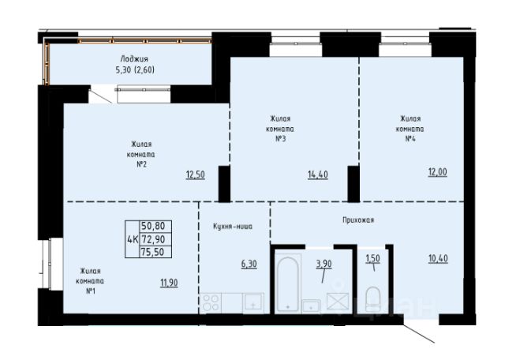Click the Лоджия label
click(134, 59)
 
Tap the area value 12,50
click(195, 174)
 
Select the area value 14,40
click(318, 174)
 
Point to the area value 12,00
click(438, 172)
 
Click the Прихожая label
click(358, 220)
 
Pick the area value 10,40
click(438, 258)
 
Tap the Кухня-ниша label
click(233, 227)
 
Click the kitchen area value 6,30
click(249, 264)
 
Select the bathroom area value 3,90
click(324, 264)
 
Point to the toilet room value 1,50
click(372, 258)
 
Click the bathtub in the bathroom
click(287, 284)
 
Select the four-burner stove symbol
click(211, 303)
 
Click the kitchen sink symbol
click(254, 302)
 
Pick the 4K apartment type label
click(133, 239)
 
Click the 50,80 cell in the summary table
click(153, 227)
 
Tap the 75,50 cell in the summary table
click(153, 252)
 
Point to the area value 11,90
click(169, 283)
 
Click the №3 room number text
click(281, 139)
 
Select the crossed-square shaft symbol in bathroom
click(338, 302)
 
